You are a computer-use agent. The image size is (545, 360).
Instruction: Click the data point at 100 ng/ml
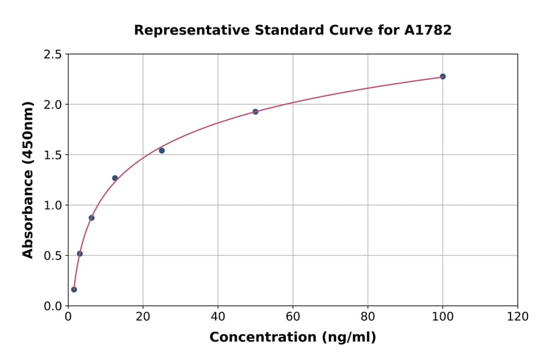point(443,76)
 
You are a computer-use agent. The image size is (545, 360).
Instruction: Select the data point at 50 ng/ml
point(256,112)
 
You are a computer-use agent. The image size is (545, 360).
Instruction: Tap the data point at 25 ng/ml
point(162,150)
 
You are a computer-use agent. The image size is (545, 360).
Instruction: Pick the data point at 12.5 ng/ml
point(115,178)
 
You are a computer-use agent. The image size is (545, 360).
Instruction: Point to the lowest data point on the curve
point(74,289)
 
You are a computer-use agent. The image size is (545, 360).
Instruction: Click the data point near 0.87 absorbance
point(91,218)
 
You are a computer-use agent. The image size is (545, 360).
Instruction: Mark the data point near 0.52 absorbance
point(80,253)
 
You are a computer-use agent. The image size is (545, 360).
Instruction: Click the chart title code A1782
point(428,30)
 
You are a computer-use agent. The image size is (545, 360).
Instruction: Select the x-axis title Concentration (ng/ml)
point(292,338)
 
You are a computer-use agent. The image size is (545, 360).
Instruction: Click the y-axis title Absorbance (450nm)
point(28,179)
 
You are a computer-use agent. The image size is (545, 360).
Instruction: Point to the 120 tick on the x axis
point(517,317)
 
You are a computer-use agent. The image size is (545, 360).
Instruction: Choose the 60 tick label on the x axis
point(292,317)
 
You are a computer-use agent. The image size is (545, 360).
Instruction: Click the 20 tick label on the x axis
point(143,317)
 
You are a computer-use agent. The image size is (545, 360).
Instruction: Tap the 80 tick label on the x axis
point(368,317)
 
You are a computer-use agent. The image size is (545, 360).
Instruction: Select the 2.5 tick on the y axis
point(53,55)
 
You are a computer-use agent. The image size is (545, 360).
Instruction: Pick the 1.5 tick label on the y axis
point(53,155)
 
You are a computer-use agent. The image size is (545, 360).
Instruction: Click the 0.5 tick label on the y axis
point(53,256)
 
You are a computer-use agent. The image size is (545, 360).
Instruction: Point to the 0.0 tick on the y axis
point(53,306)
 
